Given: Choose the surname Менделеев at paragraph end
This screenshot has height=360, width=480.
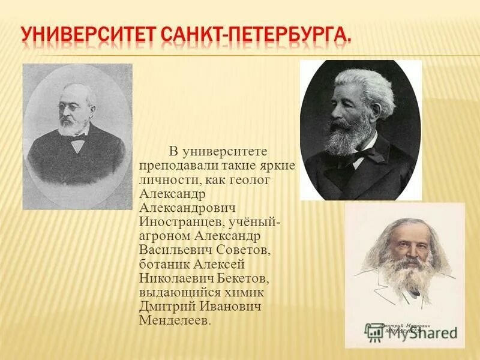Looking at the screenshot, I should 175,320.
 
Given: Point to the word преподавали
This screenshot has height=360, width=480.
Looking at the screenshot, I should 174,165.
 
